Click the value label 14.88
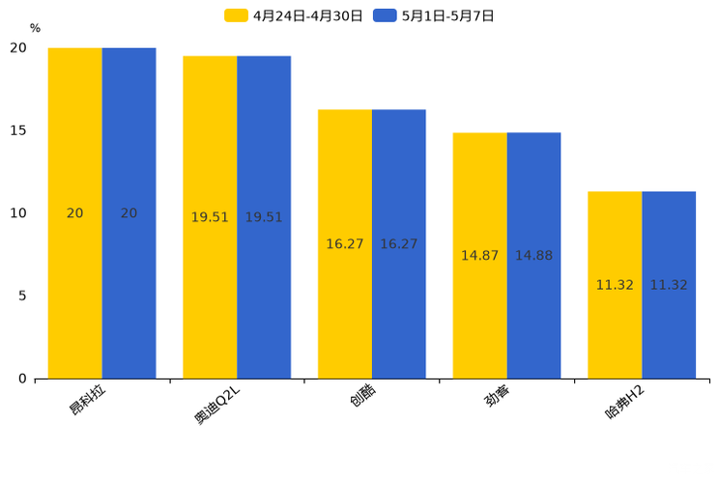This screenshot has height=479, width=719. click(533, 256)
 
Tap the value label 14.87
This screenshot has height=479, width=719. click(479, 256)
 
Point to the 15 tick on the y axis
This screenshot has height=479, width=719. click(18, 130)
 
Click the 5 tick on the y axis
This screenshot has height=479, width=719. click(22, 296)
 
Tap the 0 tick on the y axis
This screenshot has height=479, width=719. click(22, 379)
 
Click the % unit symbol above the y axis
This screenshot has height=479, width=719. click(35, 29)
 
